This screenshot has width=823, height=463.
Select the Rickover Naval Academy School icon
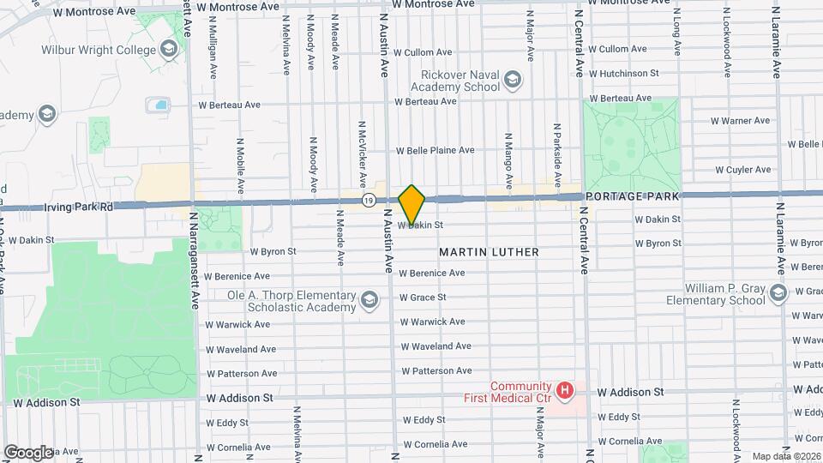(x=512, y=80)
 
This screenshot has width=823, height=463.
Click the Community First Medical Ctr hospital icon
(x=564, y=391)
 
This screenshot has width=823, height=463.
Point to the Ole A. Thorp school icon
(x=369, y=299)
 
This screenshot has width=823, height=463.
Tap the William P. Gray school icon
(x=778, y=294)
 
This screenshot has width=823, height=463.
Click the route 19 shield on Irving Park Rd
(x=368, y=200)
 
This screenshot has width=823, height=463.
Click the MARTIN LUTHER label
(x=490, y=252)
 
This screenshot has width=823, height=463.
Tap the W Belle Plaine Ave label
(x=435, y=150)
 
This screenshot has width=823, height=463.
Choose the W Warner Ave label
(x=740, y=121)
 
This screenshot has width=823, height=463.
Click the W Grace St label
(x=423, y=298)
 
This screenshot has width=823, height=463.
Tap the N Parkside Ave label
(x=557, y=144)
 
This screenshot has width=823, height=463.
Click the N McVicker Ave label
(x=363, y=151)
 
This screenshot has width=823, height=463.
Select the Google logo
(x=28, y=452)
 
